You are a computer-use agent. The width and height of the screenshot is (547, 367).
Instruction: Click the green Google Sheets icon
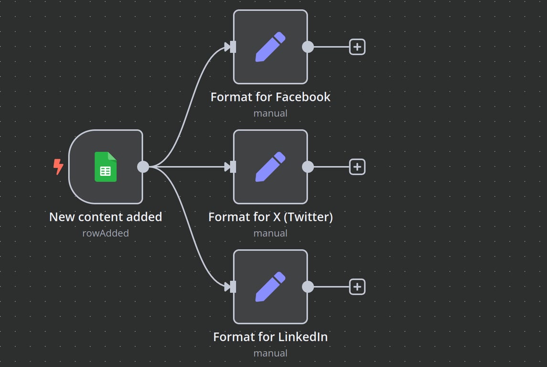click(106, 167)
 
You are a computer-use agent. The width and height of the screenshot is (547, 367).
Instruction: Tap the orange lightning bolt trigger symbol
click(58, 167)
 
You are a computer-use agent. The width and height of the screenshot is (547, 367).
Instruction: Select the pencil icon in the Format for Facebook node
click(270, 47)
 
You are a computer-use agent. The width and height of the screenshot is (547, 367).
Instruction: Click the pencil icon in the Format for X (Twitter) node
click(270, 167)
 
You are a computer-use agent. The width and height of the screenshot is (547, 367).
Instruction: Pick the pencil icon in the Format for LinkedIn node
click(270, 287)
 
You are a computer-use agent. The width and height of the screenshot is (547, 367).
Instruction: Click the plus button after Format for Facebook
click(357, 47)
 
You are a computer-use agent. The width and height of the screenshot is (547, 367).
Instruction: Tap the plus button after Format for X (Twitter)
click(357, 167)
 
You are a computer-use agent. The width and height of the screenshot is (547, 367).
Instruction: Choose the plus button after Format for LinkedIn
click(357, 287)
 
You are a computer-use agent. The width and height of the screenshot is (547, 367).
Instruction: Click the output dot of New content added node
click(143, 167)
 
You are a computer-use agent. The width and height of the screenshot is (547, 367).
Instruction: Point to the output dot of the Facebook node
click(308, 47)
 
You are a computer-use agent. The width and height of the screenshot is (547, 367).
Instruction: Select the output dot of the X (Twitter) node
click(308, 167)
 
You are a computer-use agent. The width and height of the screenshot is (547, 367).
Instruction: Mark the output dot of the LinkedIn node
click(308, 287)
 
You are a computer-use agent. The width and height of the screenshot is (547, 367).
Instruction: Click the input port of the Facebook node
click(233, 47)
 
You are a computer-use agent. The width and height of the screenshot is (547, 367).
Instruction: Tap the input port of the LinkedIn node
click(233, 287)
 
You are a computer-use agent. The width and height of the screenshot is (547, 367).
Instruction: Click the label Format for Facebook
click(270, 97)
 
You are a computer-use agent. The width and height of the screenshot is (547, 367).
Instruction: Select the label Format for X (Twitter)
click(270, 217)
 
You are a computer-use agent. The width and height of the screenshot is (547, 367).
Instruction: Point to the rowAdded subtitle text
click(106, 233)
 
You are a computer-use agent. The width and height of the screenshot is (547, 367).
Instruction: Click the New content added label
click(106, 217)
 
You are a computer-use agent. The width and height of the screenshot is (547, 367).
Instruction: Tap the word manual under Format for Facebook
click(270, 113)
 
